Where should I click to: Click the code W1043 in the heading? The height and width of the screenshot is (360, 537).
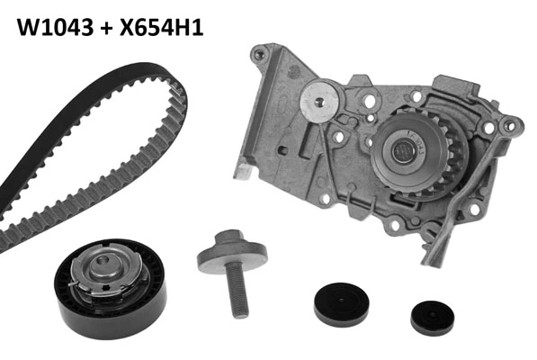pyautogui.click(x=55, y=27)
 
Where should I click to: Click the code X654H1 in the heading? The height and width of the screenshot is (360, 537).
pyautogui.click(x=162, y=27)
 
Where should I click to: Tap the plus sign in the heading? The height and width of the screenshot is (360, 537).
pyautogui.click(x=106, y=28)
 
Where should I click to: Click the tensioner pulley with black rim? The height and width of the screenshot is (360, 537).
pyautogui.click(x=111, y=288)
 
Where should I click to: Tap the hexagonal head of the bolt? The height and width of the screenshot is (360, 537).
pyautogui.click(x=228, y=237)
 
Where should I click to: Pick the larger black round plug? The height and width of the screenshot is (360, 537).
pyautogui.click(x=342, y=304)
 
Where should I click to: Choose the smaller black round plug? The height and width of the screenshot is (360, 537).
pyautogui.click(x=433, y=319)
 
